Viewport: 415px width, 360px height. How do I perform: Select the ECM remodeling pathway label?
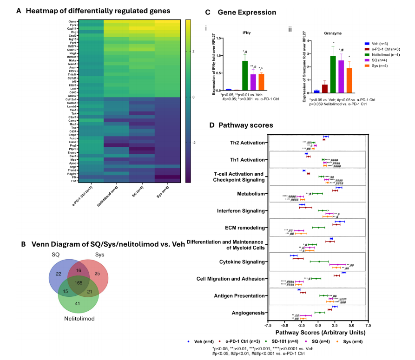point(249,228)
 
